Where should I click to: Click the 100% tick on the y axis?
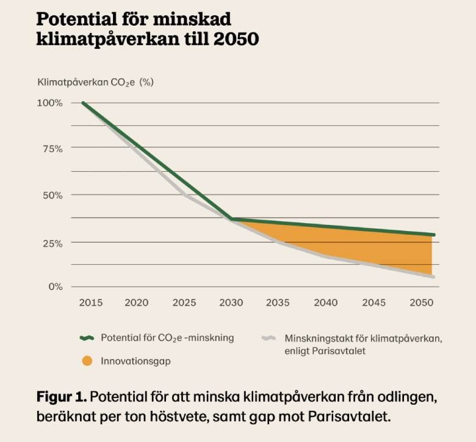click(x=50, y=103)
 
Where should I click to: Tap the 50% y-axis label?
click(x=51, y=196)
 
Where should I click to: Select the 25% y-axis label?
click(x=51, y=243)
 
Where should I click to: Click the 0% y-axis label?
click(x=56, y=287)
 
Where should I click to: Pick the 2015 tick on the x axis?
click(x=90, y=303)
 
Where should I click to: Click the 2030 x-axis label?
click(x=231, y=303)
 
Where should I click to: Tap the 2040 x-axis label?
click(x=326, y=303)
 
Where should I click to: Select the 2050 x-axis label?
click(x=420, y=303)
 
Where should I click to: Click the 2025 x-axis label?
click(x=184, y=303)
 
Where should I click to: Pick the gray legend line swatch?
click(x=270, y=337)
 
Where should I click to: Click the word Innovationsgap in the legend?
click(x=135, y=361)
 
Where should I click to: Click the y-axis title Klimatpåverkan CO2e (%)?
click(x=95, y=81)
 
